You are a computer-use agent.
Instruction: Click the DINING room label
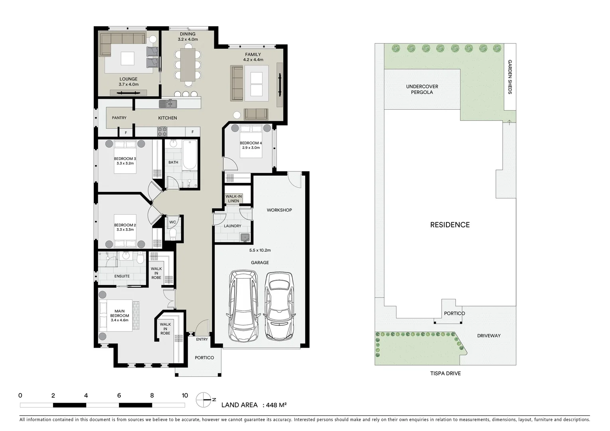tap(188, 34)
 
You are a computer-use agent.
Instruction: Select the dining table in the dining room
tap(188, 64)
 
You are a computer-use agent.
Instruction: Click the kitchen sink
tap(168, 104)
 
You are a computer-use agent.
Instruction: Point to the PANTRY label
tap(119, 118)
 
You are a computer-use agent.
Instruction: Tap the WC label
tap(172, 222)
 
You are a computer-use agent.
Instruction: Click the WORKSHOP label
tap(279, 210)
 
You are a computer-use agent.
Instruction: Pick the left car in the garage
tap(243, 305)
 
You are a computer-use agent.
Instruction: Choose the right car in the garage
tap(280, 305)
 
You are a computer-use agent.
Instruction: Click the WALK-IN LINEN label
tap(233, 198)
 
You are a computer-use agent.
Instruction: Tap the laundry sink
tap(245, 237)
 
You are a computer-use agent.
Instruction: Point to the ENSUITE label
tap(122, 276)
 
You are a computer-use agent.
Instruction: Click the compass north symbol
tap(203, 399)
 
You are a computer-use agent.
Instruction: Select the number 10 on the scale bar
tap(185, 395)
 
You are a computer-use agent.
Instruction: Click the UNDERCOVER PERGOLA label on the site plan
tap(422, 89)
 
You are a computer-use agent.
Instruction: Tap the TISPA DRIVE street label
tap(445, 374)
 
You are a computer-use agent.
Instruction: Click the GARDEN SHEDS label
tap(510, 77)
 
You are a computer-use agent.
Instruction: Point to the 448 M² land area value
tap(277, 405)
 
